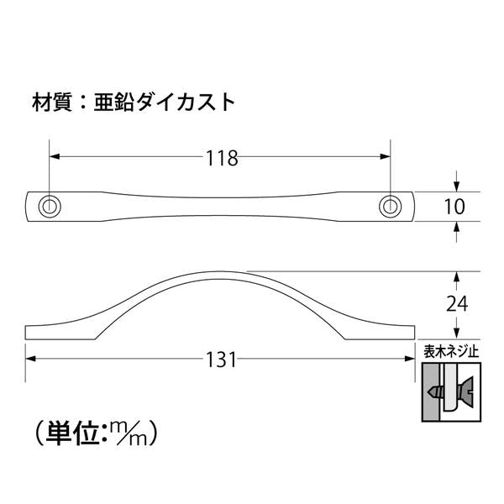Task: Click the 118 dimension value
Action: click(x=222, y=158)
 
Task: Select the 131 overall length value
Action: click(x=221, y=360)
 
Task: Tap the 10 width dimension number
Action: click(x=454, y=207)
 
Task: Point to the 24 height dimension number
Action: click(x=457, y=304)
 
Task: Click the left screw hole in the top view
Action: click(x=50, y=206)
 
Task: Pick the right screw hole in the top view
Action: click(x=391, y=206)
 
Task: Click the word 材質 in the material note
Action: click(x=52, y=102)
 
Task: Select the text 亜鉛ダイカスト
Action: click(x=165, y=102)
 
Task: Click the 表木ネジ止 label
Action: click(x=451, y=351)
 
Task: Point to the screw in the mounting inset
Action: click(x=450, y=391)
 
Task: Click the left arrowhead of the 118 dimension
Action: click(x=55, y=156)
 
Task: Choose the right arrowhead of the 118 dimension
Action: click(x=385, y=156)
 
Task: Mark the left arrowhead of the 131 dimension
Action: click(x=30, y=359)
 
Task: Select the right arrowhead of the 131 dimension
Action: click(x=409, y=359)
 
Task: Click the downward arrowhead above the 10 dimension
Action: click(x=456, y=186)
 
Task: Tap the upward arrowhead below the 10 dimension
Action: click(x=456, y=227)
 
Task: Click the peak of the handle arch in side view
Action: click(x=220, y=271)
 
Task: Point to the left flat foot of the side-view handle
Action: click(x=60, y=333)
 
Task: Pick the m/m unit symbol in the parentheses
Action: click(x=129, y=433)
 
